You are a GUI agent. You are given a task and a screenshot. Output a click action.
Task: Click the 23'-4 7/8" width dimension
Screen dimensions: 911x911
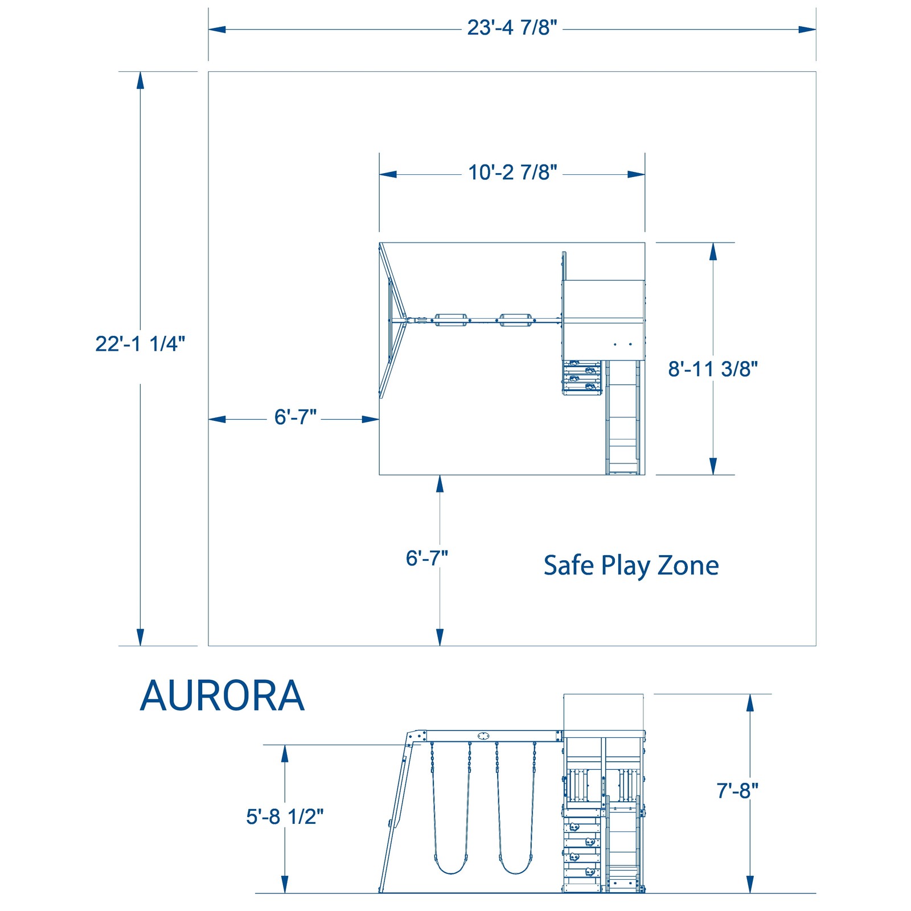[512, 28]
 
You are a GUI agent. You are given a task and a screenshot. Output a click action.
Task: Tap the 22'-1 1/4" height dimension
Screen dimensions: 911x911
[140, 344]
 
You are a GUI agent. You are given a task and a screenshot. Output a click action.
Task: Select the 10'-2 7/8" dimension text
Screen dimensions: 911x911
[512, 173]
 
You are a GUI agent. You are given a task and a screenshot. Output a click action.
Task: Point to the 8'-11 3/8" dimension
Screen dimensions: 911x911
[713, 369]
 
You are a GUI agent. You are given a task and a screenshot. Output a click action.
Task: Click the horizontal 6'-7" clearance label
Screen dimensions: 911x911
[295, 417]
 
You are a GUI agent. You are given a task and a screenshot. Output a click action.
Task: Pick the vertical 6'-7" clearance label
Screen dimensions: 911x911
[426, 559]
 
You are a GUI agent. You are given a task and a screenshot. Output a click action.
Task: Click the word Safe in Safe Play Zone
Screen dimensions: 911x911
[568, 565]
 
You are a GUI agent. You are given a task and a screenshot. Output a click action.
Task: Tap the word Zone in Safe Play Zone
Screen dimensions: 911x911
[688, 565]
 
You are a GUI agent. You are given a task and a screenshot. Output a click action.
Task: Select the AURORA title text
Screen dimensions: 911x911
[222, 696]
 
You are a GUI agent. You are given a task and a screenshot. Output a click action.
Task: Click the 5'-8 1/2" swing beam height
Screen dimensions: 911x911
[285, 816]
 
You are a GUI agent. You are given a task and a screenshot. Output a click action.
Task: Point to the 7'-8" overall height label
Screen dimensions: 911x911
[737, 791]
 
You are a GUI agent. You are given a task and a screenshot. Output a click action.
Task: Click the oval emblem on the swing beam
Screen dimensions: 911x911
[483, 736]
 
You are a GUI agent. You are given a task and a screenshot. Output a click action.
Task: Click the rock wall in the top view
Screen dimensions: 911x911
[582, 377]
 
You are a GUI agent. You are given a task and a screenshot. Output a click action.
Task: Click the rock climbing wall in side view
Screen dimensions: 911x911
[582, 848]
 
